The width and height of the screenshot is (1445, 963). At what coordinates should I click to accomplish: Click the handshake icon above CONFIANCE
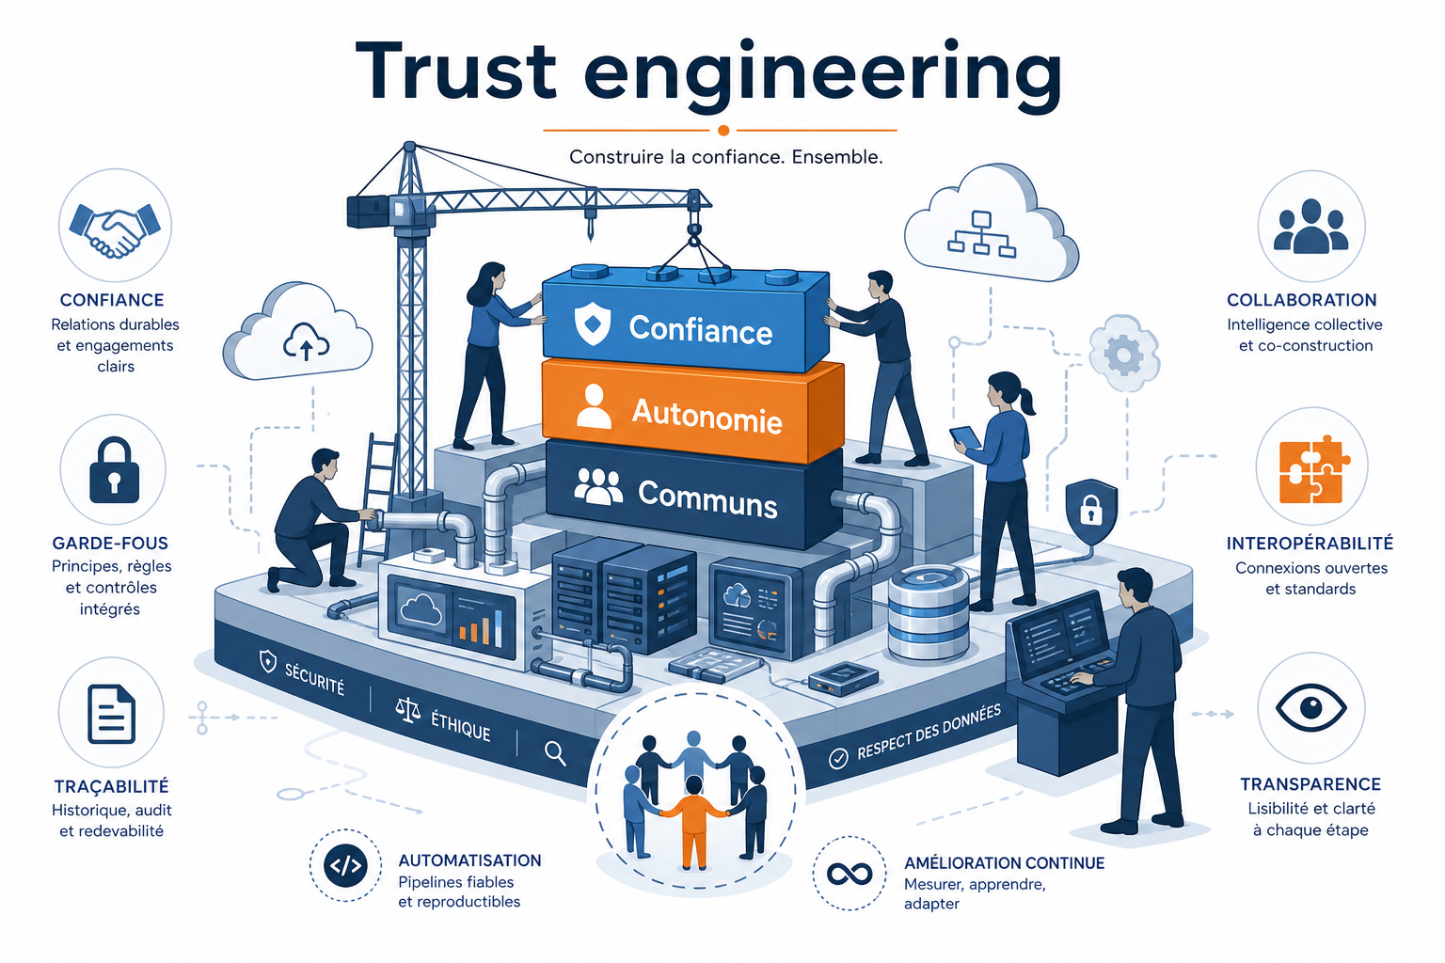pyautogui.click(x=115, y=229)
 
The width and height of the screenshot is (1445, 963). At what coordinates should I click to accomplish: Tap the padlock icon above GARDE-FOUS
pyautogui.click(x=114, y=470)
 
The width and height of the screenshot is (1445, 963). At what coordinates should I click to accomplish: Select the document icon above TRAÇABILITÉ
pyautogui.click(x=112, y=714)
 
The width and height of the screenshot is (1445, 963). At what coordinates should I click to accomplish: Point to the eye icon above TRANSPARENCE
pyautogui.click(x=1310, y=707)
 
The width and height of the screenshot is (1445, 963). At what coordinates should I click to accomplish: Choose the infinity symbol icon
pyautogui.click(x=850, y=874)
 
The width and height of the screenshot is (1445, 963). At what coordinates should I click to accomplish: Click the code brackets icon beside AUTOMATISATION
pyautogui.click(x=346, y=865)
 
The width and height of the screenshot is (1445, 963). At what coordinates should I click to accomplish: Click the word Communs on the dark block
pyautogui.click(x=707, y=497)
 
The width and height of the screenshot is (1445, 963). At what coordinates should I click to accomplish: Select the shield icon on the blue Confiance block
pyautogui.click(x=592, y=324)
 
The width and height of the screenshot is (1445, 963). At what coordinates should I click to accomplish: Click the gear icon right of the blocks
pyautogui.click(x=1124, y=354)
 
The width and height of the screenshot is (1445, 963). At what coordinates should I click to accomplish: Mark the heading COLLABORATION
pyautogui.click(x=1301, y=300)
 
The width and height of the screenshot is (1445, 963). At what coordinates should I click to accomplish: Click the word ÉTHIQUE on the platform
pyautogui.click(x=461, y=727)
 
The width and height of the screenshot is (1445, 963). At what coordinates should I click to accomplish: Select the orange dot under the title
pyautogui.click(x=723, y=131)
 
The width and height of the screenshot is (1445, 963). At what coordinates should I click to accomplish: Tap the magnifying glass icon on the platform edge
pyautogui.click(x=555, y=753)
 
